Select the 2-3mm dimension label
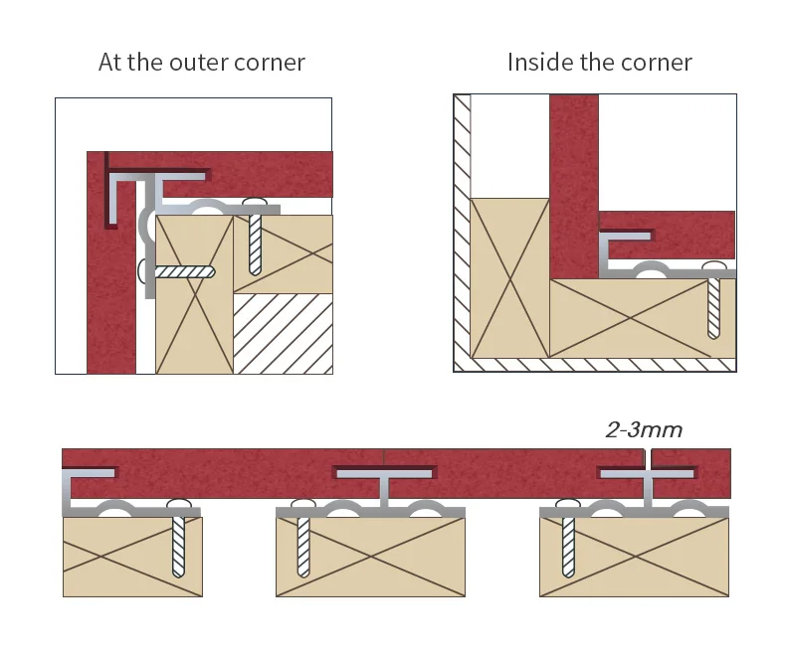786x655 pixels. (x=644, y=430)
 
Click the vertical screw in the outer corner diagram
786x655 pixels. (x=255, y=239)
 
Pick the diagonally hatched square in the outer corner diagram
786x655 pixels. (x=283, y=334)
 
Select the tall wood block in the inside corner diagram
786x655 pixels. (x=508, y=278)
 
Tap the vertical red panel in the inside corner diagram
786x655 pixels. (x=573, y=184)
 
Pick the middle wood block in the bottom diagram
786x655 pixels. (x=370, y=557)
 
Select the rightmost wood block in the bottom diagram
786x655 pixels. (x=634, y=557)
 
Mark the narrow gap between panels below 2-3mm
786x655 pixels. (x=647, y=460)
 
